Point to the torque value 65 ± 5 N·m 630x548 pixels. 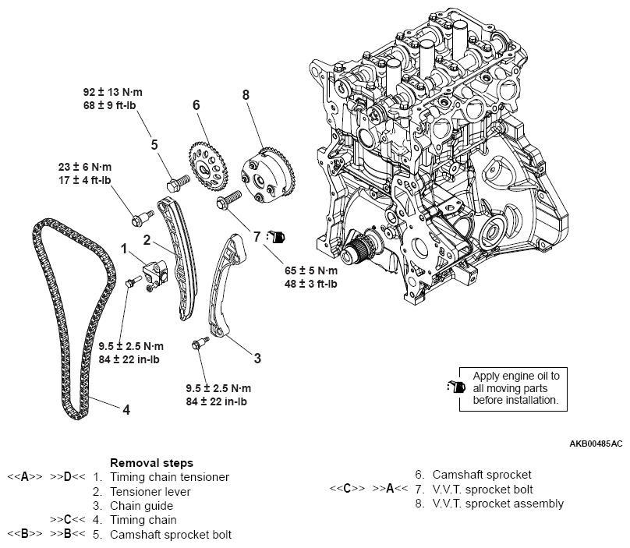point(310,270)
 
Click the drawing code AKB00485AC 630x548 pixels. point(596,444)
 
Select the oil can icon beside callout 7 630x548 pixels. point(278,235)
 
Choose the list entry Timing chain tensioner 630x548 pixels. point(170,476)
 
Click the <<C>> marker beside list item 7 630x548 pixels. point(347,490)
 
